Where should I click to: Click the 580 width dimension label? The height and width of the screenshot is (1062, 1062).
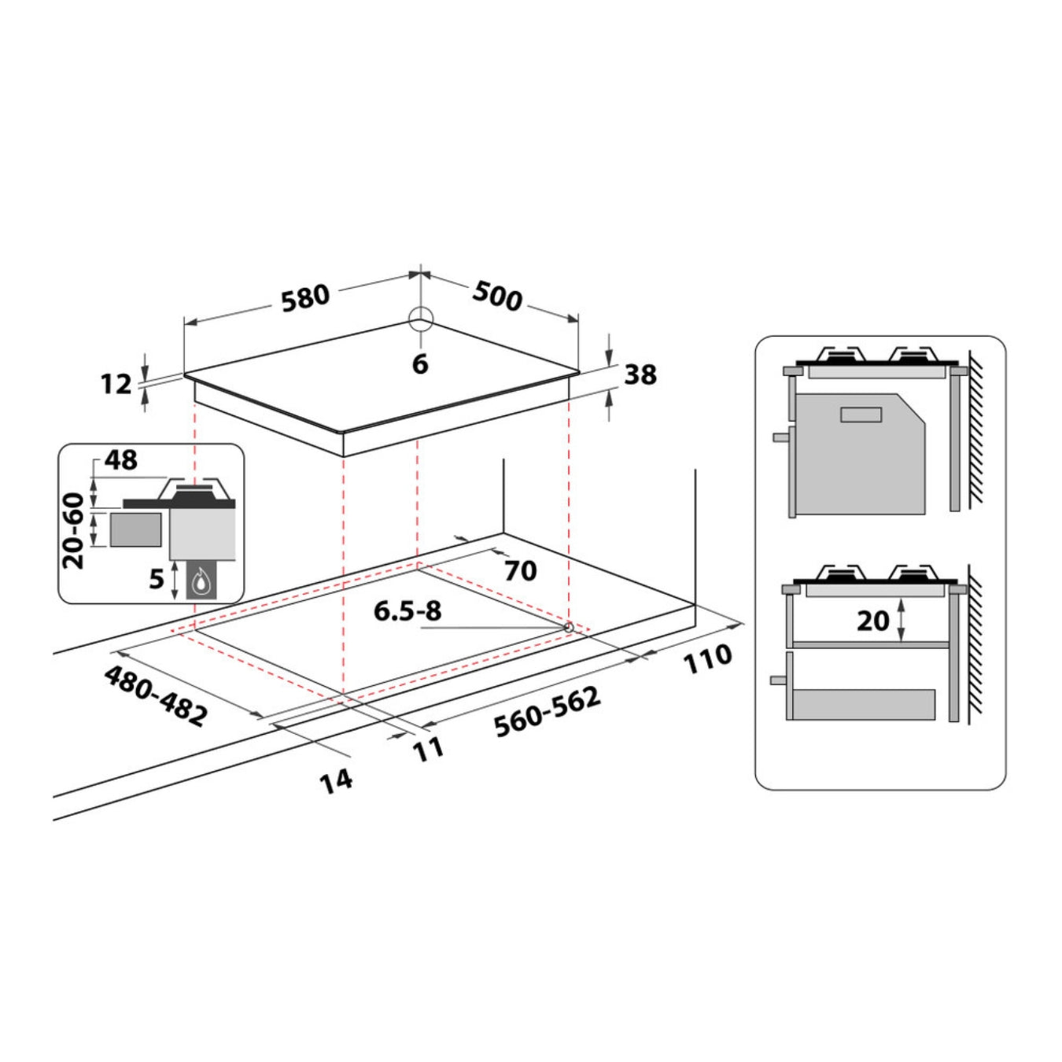[x=305, y=297]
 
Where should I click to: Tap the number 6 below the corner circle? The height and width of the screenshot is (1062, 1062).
[x=420, y=364]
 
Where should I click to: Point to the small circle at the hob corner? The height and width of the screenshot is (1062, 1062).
[x=421, y=319]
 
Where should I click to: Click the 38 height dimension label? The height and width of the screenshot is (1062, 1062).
[x=640, y=375]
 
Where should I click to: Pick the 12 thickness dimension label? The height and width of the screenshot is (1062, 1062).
[x=116, y=384]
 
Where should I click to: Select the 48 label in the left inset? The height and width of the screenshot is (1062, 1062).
[x=120, y=460]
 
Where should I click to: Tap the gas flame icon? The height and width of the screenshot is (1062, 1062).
[x=202, y=582]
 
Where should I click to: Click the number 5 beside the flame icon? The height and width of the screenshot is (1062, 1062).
[x=157, y=579]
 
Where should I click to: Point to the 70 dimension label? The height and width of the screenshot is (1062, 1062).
[x=520, y=570]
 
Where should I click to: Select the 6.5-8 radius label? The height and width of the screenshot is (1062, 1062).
[x=407, y=610]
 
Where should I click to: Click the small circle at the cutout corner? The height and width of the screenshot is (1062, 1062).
[x=568, y=627]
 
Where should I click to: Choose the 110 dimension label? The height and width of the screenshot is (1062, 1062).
[x=707, y=659]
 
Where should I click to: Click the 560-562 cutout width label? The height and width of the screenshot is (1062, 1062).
[x=547, y=712]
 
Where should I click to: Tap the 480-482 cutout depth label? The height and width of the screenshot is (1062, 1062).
[x=156, y=695]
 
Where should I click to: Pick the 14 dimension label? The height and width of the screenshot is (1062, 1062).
[x=336, y=781]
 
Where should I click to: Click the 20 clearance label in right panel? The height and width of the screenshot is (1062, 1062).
[x=872, y=621]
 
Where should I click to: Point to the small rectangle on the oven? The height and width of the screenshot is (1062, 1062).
[x=861, y=414]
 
